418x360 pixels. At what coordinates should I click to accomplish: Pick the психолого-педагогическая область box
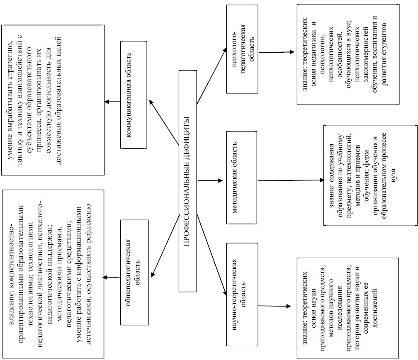point(240,49)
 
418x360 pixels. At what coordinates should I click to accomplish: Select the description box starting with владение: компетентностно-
point(53,273)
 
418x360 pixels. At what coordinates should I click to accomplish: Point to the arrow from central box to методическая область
point(211,181)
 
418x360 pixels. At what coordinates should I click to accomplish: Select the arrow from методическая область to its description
point(290,181)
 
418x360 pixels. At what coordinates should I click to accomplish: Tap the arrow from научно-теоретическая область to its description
point(274,306)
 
